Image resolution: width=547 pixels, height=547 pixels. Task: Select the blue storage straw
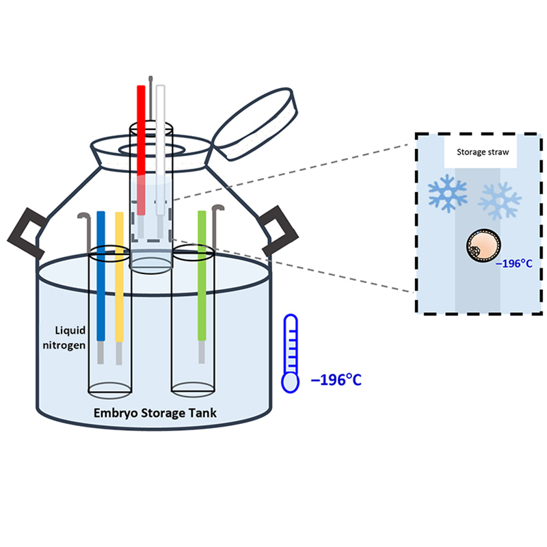tap(101, 273)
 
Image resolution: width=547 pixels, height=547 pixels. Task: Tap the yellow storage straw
tap(119, 273)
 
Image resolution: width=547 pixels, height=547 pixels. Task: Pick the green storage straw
tap(202, 273)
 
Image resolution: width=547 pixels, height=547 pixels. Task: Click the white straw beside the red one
tap(161, 137)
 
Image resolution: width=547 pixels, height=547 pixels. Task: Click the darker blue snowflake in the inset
tap(447, 194)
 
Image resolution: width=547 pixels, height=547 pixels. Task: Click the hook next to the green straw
tap(216, 229)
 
